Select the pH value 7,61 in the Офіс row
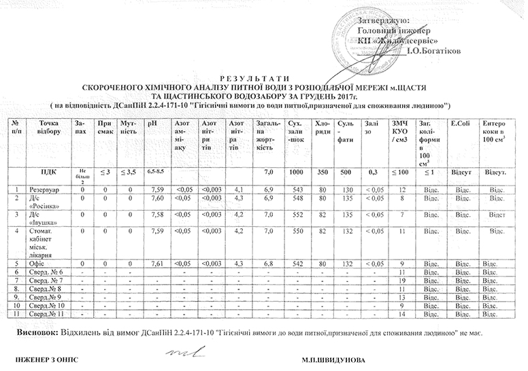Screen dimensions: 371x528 (156, 262)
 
